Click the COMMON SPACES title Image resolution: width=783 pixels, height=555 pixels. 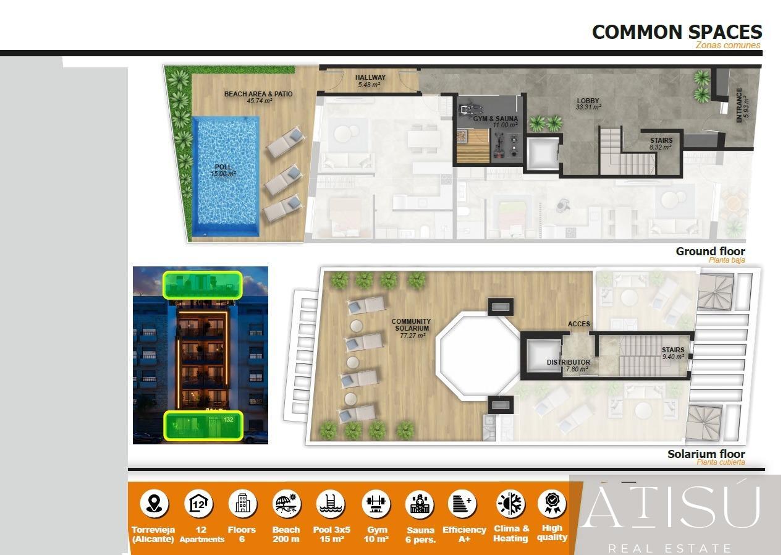[677, 32]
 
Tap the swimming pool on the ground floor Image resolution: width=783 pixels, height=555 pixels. [225, 176]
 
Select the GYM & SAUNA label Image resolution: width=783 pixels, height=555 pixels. [496, 121]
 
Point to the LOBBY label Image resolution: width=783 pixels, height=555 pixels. [588, 103]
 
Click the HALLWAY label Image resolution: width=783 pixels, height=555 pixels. [370, 80]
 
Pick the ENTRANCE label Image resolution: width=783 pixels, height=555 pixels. [742, 104]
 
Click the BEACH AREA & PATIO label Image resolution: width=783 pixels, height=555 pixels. [258, 97]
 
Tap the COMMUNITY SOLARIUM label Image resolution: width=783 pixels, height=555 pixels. [411, 328]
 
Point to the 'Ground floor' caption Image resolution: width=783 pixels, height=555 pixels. [710, 251]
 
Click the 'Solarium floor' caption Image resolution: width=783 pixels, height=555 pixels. [706, 454]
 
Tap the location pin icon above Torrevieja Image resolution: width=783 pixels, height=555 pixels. [153, 503]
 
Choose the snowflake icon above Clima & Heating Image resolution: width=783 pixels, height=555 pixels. [510, 503]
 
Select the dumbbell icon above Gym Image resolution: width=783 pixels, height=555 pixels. [376, 503]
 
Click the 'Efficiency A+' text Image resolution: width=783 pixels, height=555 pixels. [464, 534]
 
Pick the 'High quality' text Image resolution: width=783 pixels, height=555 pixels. [552, 532]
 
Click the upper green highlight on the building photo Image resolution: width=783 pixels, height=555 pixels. [201, 285]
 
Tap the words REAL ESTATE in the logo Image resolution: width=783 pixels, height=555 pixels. [670, 548]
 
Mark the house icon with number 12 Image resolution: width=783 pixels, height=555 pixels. [199, 503]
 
